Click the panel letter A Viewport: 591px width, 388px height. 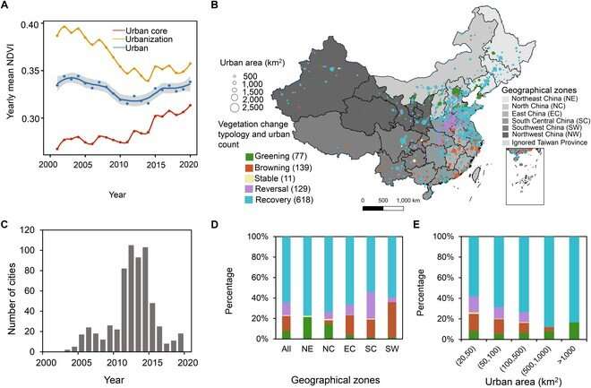click(7, 7)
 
